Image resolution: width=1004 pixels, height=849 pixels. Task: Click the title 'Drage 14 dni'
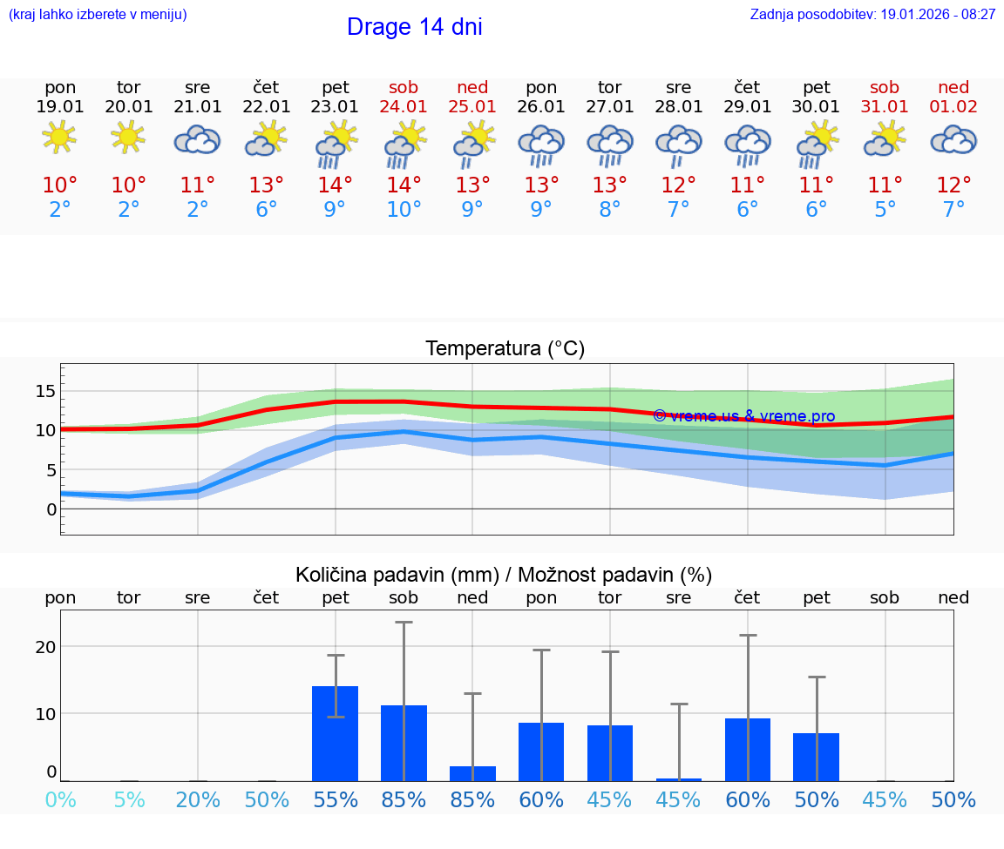[414, 27]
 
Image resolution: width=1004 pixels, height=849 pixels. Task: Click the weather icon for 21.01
[197, 139]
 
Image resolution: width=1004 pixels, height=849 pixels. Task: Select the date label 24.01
[404, 107]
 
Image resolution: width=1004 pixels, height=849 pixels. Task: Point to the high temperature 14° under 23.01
[335, 185]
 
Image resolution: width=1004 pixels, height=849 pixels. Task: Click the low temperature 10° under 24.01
[404, 210]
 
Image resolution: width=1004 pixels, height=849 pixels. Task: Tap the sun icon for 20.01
[129, 137]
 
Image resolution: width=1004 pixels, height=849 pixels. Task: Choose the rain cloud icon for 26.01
[541, 144]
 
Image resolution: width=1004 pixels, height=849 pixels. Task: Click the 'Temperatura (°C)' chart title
[505, 349]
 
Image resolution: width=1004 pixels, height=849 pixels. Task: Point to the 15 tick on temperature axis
[45, 391]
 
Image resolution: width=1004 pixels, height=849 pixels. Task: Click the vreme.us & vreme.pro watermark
[744, 416]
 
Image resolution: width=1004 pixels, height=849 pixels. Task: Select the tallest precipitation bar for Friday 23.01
[335, 733]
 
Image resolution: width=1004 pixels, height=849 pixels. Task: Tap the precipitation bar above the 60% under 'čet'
[748, 749]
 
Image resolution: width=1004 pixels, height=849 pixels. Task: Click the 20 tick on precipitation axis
[45, 647]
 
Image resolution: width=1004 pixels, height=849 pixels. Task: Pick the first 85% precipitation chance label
[404, 800]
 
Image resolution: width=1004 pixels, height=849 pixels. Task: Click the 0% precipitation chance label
[60, 800]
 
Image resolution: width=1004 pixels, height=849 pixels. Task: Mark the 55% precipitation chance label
[335, 800]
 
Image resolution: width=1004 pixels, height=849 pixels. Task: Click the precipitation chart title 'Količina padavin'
[504, 575]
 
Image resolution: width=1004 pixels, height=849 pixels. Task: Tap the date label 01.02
[953, 107]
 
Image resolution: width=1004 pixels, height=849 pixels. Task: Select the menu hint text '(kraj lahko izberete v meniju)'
[98, 15]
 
